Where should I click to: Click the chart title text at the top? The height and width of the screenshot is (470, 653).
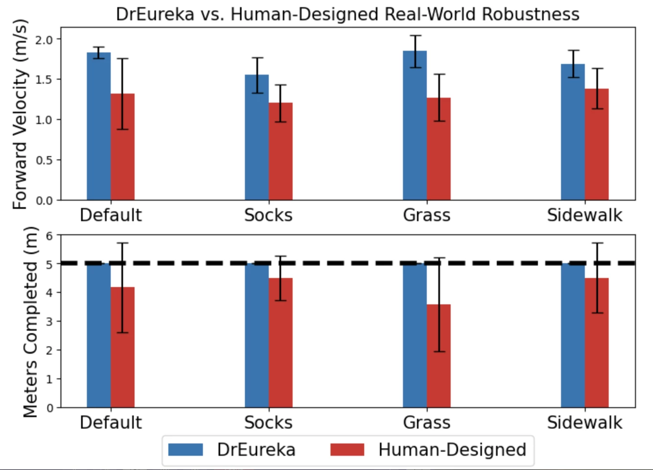click(x=348, y=14)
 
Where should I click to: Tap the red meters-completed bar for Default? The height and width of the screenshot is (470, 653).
click(x=122, y=347)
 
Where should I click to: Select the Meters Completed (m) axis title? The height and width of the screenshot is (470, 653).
click(x=30, y=322)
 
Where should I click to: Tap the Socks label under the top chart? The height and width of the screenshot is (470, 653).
click(x=268, y=215)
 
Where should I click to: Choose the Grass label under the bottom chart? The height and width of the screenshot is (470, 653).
click(x=426, y=423)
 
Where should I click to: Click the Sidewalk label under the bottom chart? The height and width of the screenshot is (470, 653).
click(x=584, y=423)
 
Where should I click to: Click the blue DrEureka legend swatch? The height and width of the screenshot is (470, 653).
click(x=186, y=449)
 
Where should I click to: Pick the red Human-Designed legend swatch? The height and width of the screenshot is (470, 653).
click(x=347, y=449)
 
